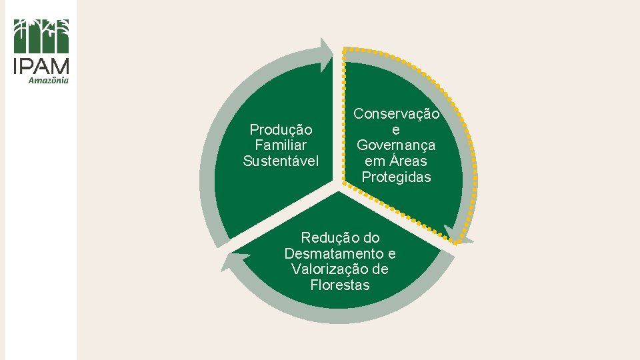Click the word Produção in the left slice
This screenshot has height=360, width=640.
pyautogui.click(x=281, y=129)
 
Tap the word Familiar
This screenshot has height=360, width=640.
pyautogui.click(x=281, y=145)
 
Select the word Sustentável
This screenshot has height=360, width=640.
pyautogui.click(x=281, y=161)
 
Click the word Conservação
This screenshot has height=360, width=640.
pyautogui.click(x=396, y=114)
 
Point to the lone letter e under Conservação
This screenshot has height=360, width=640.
pyautogui.click(x=396, y=130)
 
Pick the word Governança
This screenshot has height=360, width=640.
pyautogui.click(x=396, y=145)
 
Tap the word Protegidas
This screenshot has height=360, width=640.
pyautogui.click(x=396, y=177)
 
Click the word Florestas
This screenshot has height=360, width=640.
pyautogui.click(x=339, y=285)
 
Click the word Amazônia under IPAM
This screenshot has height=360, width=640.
pyautogui.click(x=49, y=81)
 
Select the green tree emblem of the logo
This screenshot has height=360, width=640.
pyautogui.click(x=41, y=36)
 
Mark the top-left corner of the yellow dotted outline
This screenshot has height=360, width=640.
pyautogui.click(x=345, y=49)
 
